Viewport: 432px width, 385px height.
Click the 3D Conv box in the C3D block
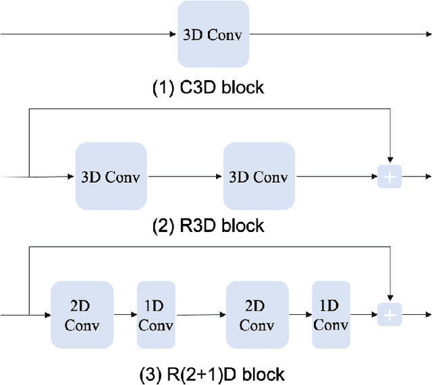(213, 34)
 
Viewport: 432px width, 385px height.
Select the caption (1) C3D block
(208, 88)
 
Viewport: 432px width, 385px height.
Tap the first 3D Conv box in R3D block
(111, 177)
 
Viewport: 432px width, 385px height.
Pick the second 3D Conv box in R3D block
(259, 177)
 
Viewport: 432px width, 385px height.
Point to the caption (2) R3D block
(209, 226)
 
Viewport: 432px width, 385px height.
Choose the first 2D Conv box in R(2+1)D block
(82, 315)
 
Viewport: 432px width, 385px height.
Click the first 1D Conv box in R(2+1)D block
(156, 315)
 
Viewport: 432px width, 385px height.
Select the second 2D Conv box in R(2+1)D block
(256, 315)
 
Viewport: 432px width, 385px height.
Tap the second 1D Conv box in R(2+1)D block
(331, 315)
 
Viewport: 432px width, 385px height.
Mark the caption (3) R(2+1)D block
(209, 373)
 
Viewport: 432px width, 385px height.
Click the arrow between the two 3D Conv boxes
(185, 177)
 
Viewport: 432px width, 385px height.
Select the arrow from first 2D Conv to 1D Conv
(124, 315)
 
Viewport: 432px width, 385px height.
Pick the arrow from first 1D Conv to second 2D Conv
(200, 315)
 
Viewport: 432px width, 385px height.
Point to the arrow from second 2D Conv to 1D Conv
(300, 315)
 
